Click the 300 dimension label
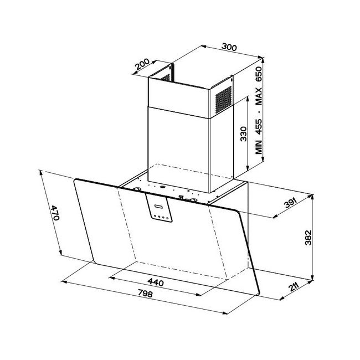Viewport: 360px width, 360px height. point(229,47)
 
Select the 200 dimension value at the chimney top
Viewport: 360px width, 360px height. point(142,64)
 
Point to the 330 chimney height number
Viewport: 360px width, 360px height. point(243,134)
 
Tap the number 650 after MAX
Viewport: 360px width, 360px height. point(259,74)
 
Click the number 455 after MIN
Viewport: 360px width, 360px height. point(259,127)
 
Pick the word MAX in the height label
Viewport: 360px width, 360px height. point(259,96)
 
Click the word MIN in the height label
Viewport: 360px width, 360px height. point(259,147)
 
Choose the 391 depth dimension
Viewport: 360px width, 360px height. point(290,203)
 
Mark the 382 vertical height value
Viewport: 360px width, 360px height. point(308,238)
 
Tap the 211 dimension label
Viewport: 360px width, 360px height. point(294,287)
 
